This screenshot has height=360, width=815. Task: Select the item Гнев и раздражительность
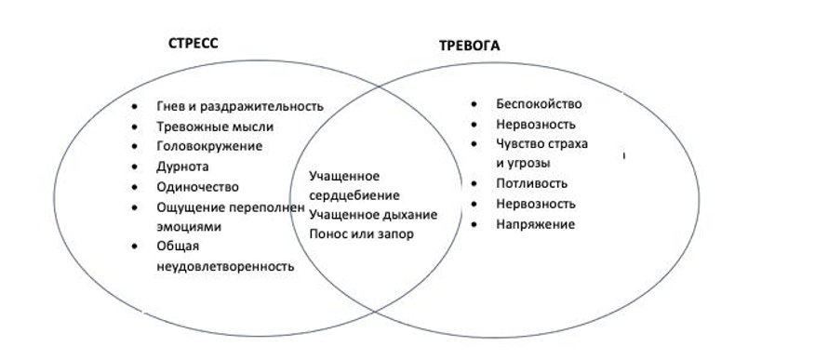click(x=239, y=105)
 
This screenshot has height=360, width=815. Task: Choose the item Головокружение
click(x=209, y=146)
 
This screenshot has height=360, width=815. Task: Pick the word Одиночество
click(x=198, y=186)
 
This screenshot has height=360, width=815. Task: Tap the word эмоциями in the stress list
click(x=190, y=225)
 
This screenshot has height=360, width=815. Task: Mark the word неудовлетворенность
click(x=226, y=266)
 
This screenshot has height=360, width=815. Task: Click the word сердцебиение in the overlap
click(x=354, y=195)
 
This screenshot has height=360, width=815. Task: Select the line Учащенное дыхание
click(x=373, y=214)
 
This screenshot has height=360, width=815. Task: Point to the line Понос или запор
click(x=361, y=233)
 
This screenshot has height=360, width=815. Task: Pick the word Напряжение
click(x=535, y=223)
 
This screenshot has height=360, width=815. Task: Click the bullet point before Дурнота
click(x=136, y=167)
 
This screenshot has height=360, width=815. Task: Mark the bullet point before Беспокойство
click(x=474, y=104)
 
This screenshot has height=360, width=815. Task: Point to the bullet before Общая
click(x=136, y=247)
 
